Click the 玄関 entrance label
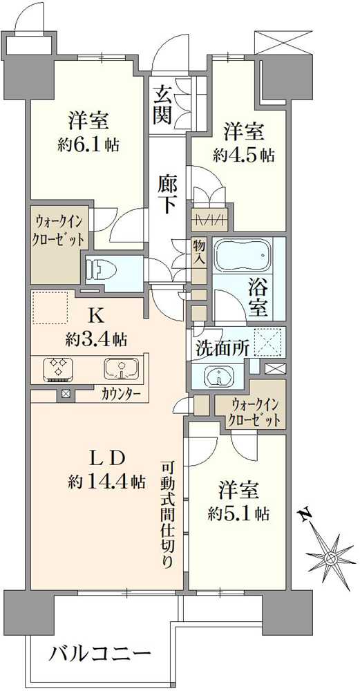(163, 104)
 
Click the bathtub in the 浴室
(241, 255)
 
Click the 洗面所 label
(222, 348)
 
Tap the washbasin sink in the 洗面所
(221, 376)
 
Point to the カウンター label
(122, 395)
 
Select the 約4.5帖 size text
(244, 154)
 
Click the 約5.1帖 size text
(239, 513)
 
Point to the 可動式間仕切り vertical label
(168, 513)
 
